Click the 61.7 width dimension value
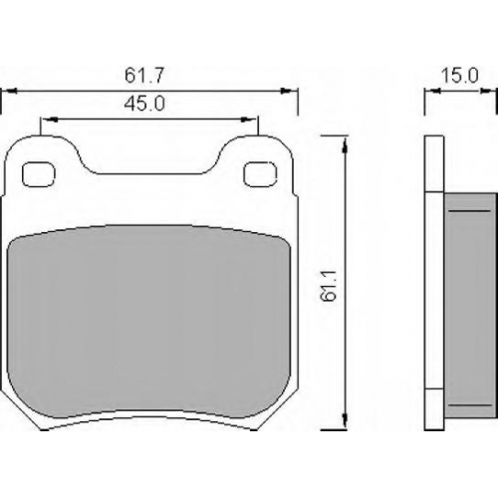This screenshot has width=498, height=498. click(144, 76)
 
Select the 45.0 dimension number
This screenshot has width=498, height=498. click(144, 104)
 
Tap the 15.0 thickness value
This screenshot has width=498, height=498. click(460, 76)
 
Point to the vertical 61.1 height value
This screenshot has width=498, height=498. click(329, 286)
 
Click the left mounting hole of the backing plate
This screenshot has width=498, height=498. click(39, 174)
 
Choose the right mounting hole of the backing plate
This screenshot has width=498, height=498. click(260, 174)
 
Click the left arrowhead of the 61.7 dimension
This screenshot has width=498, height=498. click(9, 91)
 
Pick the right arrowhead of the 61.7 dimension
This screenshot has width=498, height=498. click(288, 91)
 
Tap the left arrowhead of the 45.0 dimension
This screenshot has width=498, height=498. click(51, 120)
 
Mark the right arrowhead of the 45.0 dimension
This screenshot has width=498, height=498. click(250, 120)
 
